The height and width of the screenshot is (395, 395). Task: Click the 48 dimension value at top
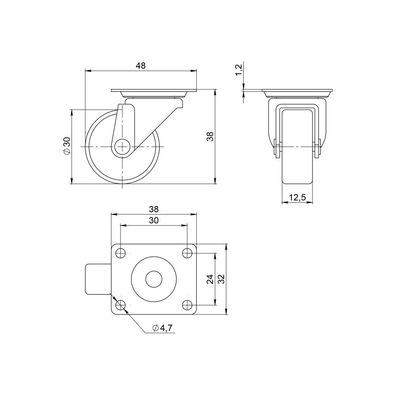pos(141,66)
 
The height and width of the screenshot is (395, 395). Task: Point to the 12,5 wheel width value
pos(297,197)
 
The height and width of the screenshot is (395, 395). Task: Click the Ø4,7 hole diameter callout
pos(162,328)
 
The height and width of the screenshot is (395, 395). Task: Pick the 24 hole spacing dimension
pos(210,279)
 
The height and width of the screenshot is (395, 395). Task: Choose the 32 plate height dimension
pos(221,279)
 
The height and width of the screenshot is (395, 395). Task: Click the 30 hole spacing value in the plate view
pos(154,220)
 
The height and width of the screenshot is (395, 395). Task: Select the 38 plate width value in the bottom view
pos(154,209)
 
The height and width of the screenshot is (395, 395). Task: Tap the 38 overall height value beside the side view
pos(210,137)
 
